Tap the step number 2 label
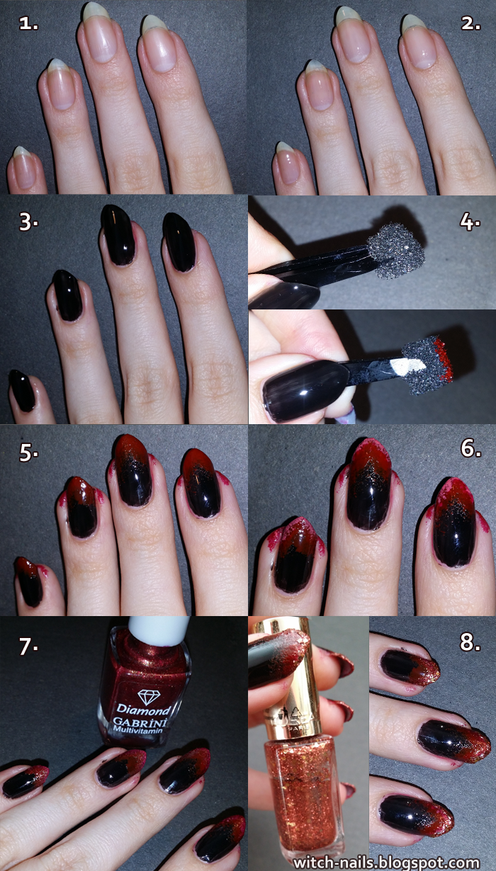[x=471, y=23]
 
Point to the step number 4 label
[x=470, y=221]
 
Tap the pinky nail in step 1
[x=23, y=169]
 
